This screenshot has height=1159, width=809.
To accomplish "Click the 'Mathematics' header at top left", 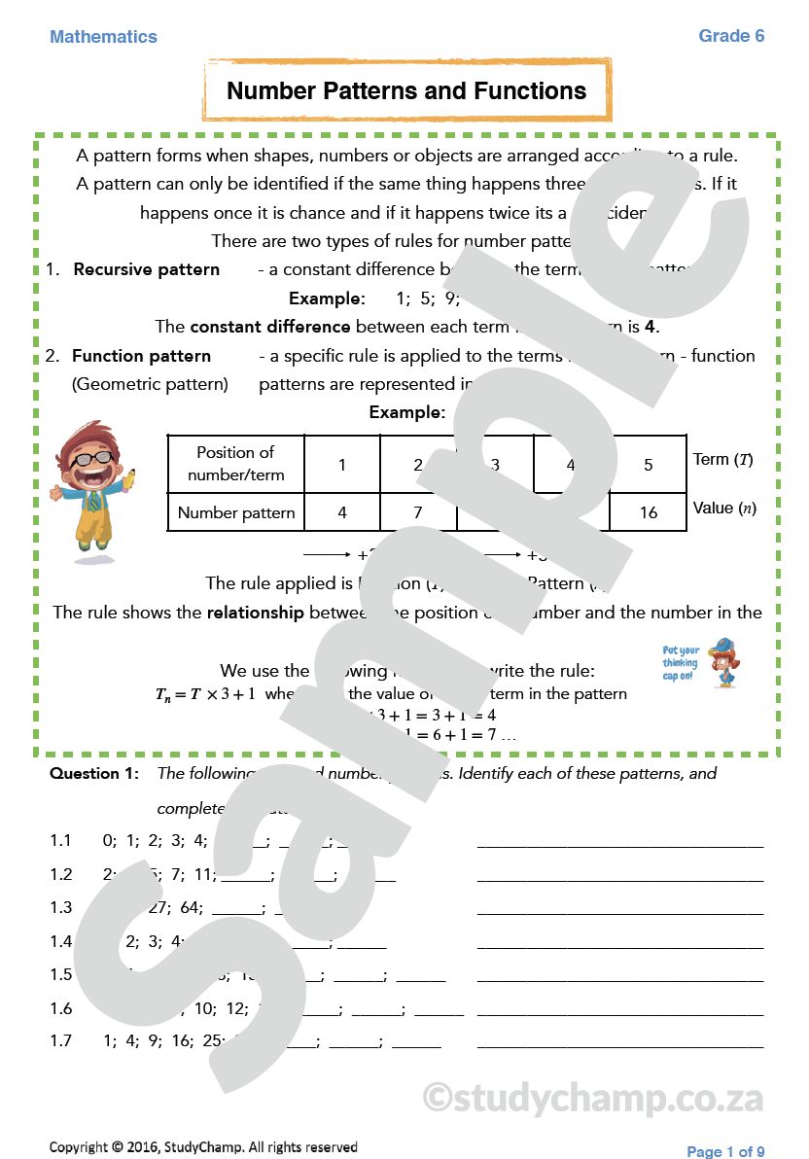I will (x=103, y=37).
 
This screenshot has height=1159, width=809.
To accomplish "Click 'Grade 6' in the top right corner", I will (x=731, y=36).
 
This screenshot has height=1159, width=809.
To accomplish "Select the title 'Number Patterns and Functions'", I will (x=406, y=91).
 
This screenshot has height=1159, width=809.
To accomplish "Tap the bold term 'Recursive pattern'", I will (x=147, y=269).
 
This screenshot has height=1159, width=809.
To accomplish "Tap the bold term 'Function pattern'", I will (x=141, y=356).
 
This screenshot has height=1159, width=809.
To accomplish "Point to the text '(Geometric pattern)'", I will (x=150, y=384).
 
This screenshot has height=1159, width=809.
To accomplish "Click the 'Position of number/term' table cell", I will (x=235, y=464).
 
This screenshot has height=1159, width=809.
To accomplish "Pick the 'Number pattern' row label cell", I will (x=235, y=512).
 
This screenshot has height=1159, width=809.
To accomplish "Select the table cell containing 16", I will (x=648, y=512).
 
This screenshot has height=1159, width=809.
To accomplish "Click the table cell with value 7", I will (x=418, y=512).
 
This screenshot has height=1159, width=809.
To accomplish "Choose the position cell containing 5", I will (x=648, y=465).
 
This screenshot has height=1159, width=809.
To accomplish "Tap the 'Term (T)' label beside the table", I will (x=722, y=459).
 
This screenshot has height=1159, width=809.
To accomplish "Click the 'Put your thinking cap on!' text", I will (x=681, y=663).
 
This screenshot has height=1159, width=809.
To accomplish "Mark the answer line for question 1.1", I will (x=619, y=844).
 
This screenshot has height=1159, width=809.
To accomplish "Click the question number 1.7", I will (x=61, y=1040).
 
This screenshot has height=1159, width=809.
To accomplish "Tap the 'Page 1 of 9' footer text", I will (x=725, y=1151).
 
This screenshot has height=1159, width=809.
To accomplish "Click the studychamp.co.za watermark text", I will (x=593, y=1098).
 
